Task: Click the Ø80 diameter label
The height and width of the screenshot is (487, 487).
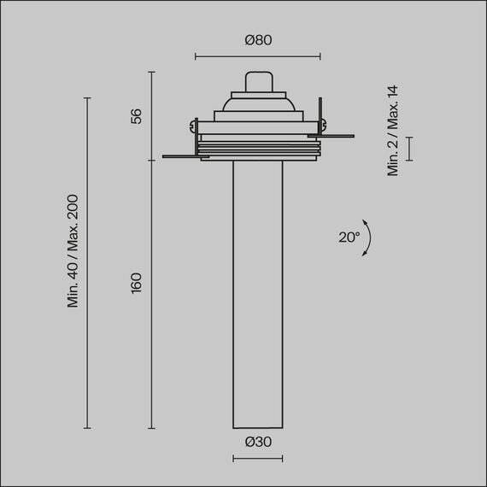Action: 257,40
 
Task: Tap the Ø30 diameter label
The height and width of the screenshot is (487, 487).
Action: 257,442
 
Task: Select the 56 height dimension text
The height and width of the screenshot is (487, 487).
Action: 137,116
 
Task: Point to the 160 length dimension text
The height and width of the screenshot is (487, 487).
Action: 137,282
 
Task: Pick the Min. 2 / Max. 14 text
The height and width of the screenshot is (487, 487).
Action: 394,130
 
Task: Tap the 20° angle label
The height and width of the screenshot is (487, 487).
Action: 349,238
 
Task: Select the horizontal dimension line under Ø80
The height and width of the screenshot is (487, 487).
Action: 257,57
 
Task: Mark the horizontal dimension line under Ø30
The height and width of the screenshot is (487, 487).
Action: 257,459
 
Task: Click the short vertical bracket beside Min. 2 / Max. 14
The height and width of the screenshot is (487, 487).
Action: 408,148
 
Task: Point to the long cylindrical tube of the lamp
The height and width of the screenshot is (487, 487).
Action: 257,290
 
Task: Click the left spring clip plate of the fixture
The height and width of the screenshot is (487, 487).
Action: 181,155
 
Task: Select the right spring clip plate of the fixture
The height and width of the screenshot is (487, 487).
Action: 335,134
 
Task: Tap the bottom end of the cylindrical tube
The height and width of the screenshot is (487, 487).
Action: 257,426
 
